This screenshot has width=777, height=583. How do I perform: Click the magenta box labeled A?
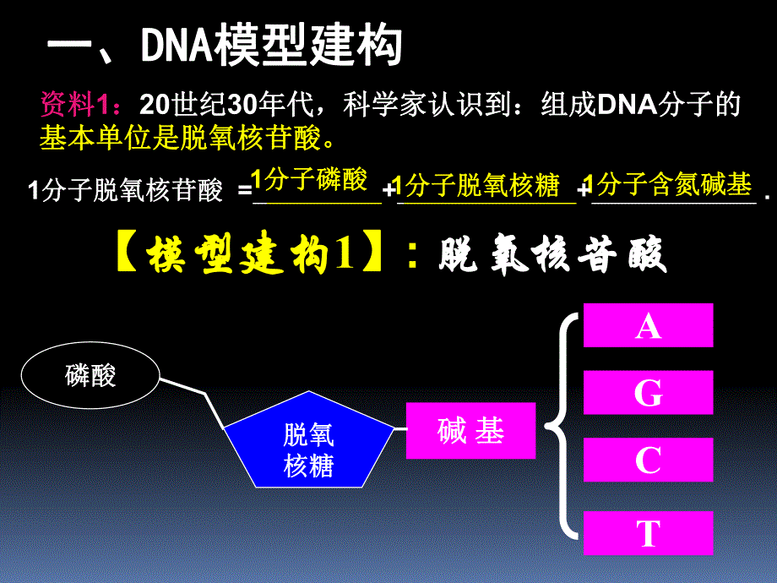click(648, 326)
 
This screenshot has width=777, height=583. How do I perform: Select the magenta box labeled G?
click(648, 393)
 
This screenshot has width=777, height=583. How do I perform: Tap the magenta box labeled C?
click(648, 460)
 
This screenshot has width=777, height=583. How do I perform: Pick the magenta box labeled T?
click(648, 533)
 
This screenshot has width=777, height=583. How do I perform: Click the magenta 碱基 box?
click(470, 431)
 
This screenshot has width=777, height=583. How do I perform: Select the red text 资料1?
click(81, 106)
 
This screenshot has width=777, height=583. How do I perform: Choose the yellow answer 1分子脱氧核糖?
click(481, 185)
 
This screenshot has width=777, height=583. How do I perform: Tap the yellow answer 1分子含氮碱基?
click(672, 184)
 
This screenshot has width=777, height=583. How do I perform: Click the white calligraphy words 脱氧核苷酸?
click(552, 253)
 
